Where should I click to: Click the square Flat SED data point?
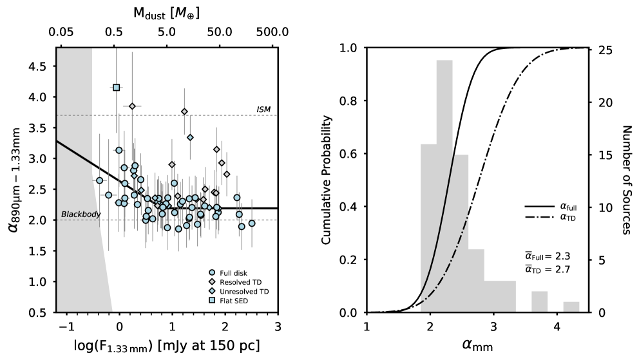117,87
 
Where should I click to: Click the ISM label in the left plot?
263,109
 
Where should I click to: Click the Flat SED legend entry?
233,301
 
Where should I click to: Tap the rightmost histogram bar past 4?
571,307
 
